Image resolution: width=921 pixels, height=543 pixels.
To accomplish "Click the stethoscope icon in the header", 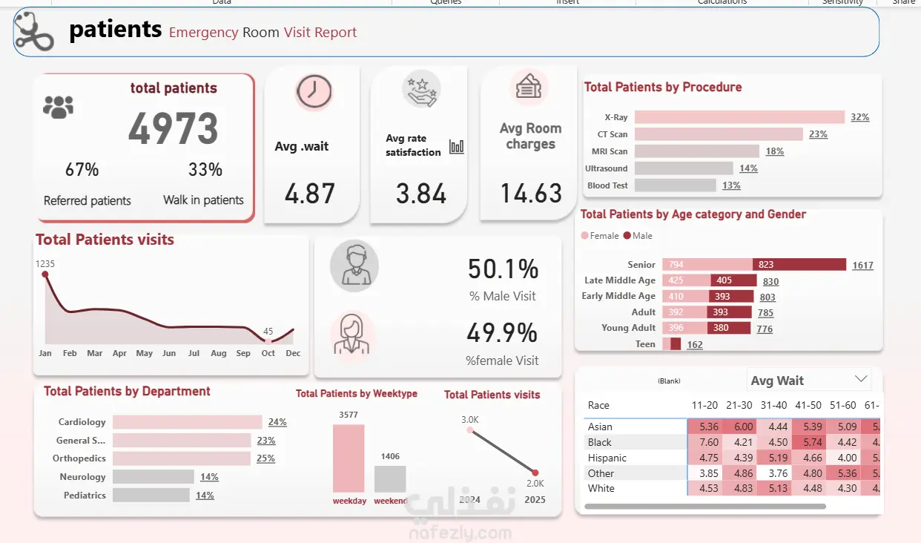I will [x=34, y=31].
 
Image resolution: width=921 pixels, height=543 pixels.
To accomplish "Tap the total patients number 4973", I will [x=174, y=128].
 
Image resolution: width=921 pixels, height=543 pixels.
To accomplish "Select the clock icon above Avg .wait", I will [x=314, y=93].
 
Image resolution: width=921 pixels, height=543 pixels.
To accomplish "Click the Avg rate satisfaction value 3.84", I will [x=421, y=194].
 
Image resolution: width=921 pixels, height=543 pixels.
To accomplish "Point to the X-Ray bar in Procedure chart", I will [x=739, y=117].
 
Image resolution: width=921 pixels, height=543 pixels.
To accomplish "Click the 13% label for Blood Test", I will [x=731, y=185].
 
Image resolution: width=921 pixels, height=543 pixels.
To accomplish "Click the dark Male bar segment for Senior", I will [x=799, y=265].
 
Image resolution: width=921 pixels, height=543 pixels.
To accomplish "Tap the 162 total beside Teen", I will [x=695, y=344].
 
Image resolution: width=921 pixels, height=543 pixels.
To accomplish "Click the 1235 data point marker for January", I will [x=45, y=274].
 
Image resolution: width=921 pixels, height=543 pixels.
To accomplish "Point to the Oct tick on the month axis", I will [x=268, y=353].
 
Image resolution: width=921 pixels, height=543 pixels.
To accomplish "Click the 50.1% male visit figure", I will [x=503, y=269].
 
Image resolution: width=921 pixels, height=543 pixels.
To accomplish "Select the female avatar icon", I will [x=353, y=335].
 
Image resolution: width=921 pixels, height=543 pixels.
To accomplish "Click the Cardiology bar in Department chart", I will [x=188, y=422].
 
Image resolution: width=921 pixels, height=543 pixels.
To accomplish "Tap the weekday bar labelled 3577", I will [x=349, y=458].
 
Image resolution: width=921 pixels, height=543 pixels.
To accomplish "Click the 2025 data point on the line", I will [x=535, y=473].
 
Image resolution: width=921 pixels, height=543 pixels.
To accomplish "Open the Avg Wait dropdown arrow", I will [x=860, y=379].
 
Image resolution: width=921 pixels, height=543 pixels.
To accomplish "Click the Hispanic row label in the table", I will [x=607, y=458].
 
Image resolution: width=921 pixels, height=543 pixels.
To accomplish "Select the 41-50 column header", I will [x=808, y=405].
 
